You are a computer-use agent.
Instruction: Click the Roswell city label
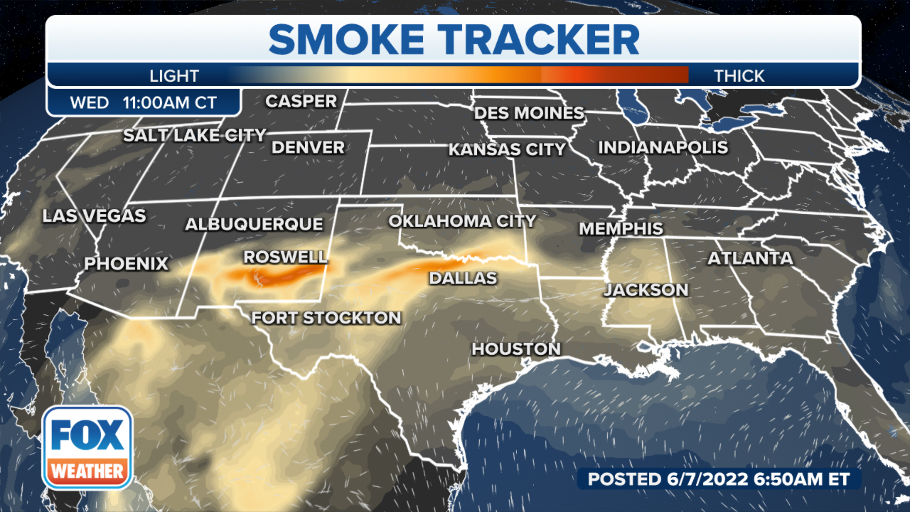click(x=285, y=257)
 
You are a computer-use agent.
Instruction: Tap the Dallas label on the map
click(x=463, y=278)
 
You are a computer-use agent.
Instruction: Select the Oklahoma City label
click(x=462, y=221)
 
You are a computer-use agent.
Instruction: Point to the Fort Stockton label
click(x=326, y=318)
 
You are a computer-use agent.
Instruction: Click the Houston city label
click(x=516, y=349)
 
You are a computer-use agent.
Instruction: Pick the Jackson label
click(x=646, y=290)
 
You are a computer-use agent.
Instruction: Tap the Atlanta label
click(x=750, y=258)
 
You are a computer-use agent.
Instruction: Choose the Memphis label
click(x=621, y=229)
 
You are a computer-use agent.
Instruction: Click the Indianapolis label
click(x=663, y=147)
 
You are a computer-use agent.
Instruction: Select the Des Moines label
click(x=529, y=113)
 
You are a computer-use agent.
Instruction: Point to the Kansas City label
click(x=507, y=149)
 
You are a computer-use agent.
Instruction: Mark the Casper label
click(x=301, y=101)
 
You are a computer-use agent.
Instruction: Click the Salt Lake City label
click(x=194, y=135)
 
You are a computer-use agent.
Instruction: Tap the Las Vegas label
click(x=94, y=216)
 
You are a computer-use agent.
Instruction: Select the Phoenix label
click(x=126, y=264)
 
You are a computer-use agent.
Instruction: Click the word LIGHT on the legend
click(x=174, y=76)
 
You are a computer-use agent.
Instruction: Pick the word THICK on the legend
click(x=739, y=76)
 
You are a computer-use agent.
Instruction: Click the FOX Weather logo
click(x=87, y=448)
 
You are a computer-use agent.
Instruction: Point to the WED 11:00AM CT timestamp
click(x=143, y=102)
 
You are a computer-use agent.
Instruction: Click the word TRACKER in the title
click(x=538, y=40)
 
